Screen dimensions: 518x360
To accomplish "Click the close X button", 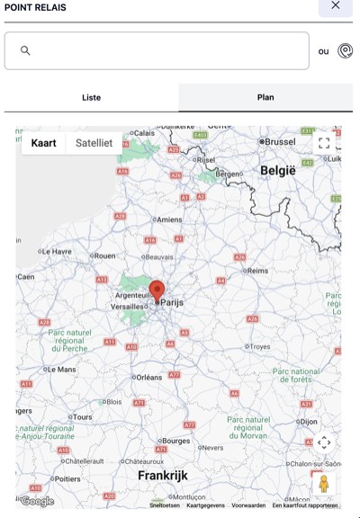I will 335,5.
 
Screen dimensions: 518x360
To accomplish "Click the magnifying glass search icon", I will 25,51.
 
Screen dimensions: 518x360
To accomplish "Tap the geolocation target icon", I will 345,51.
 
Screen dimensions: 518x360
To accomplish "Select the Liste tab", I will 91,97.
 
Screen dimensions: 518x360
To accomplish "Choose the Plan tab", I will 265,97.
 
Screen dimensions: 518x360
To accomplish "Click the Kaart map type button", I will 43,143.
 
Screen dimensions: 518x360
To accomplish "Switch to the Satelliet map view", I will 94,143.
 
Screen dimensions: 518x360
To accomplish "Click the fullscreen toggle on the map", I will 324,142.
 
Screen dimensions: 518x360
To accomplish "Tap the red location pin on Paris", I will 157,290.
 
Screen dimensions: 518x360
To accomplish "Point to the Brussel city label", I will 280,142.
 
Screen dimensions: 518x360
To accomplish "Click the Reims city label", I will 257,270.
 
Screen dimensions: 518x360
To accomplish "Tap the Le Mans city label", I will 61,369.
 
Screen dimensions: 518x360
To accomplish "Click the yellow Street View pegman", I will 324,483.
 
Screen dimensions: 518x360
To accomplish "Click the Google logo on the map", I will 37,501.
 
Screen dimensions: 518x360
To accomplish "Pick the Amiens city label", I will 169,219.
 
